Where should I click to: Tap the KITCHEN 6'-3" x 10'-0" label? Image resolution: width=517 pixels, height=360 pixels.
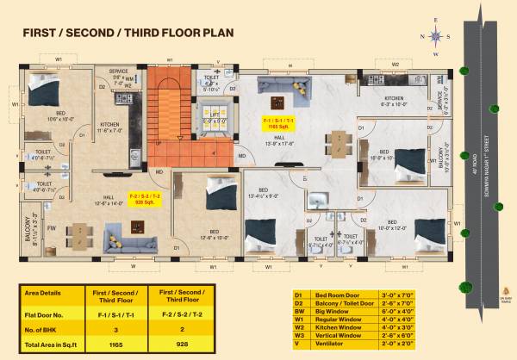pyautogui.click(x=393, y=101)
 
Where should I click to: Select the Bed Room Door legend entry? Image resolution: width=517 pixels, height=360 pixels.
pyautogui.click(x=331, y=294)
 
